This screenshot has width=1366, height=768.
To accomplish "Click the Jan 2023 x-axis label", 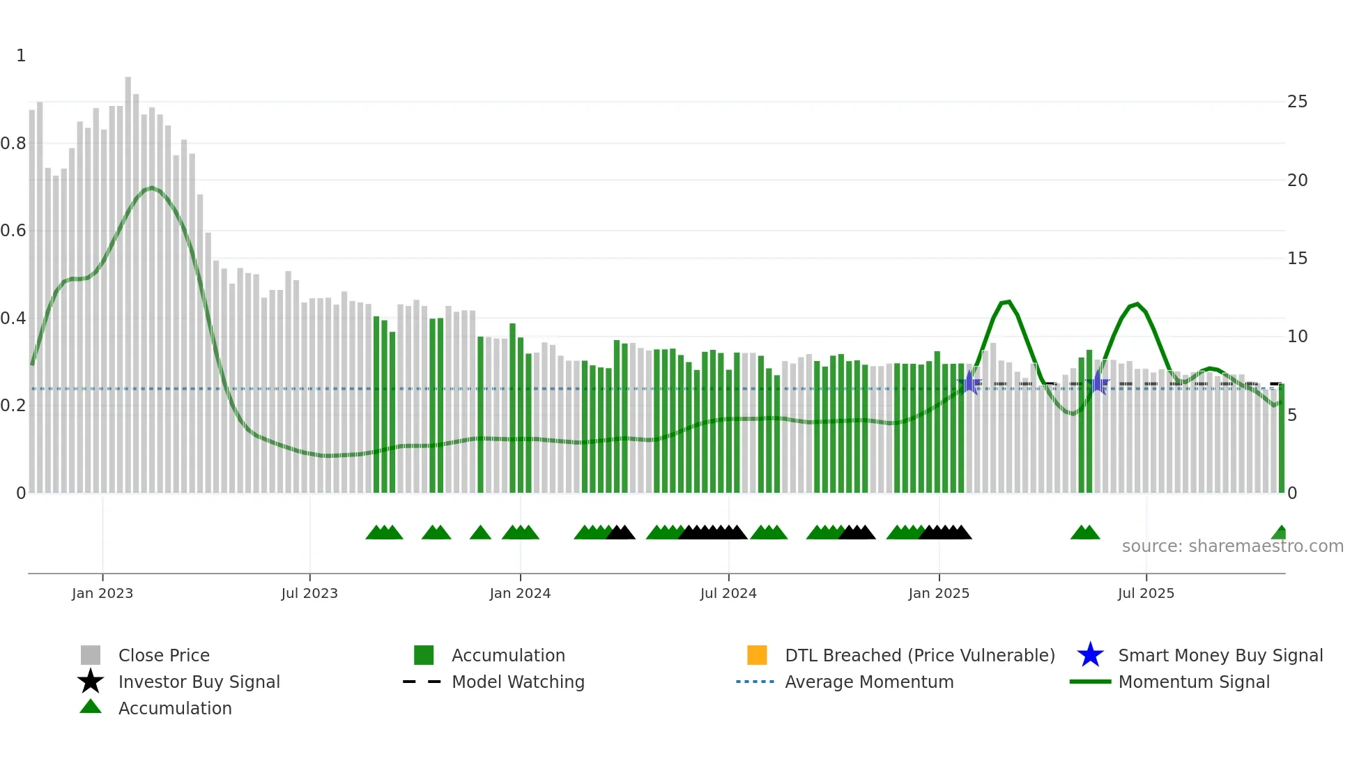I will [102, 593].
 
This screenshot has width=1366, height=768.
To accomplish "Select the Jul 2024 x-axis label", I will [728, 593].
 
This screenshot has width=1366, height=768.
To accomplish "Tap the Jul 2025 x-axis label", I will [1145, 593].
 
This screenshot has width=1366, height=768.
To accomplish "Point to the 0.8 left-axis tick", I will [13, 144].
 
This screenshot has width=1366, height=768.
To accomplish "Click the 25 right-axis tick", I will [1297, 102].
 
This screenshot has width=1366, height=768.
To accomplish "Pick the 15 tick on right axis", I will [1297, 259].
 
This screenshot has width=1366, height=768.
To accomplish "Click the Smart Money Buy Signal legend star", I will [1090, 655].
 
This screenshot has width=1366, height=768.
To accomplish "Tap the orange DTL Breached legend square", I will [756, 655].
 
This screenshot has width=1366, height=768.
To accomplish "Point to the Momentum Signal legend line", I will [1090, 682].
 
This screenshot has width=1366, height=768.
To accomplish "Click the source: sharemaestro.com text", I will [1232, 546].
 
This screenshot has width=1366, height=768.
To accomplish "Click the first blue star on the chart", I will [969, 383].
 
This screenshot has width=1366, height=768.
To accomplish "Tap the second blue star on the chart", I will [1098, 383].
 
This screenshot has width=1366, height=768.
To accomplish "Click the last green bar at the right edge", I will [1281, 439].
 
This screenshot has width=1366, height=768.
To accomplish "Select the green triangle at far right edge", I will [1280, 533].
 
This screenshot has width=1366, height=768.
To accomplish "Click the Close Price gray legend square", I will [91, 655].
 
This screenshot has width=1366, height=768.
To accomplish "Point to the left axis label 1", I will [21, 56].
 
